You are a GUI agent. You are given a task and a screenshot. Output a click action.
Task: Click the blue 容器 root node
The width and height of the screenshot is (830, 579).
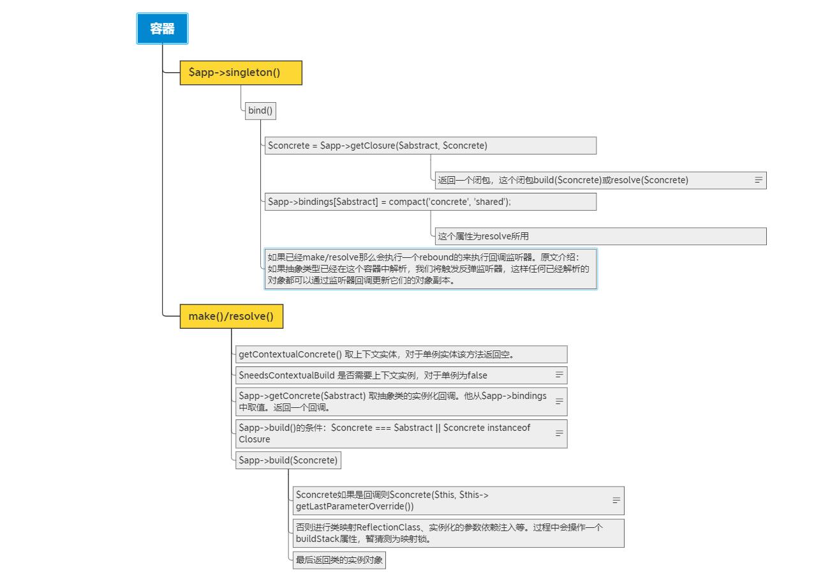pyautogui.click(x=162, y=29)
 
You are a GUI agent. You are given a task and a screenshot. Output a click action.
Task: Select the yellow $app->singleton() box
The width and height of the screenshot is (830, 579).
pyautogui.click(x=241, y=73)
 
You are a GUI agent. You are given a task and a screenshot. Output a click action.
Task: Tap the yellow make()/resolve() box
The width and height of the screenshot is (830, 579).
pyautogui.click(x=231, y=316)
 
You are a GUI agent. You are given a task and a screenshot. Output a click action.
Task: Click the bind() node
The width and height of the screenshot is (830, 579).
pyautogui.click(x=260, y=110)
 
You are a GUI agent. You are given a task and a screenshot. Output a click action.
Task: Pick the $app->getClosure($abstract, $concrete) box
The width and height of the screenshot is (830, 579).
pyautogui.click(x=430, y=146)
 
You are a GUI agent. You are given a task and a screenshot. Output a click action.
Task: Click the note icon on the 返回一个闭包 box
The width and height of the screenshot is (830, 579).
pyautogui.click(x=759, y=180)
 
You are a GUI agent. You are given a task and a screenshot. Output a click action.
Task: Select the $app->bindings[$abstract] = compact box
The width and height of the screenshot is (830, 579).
pyautogui.click(x=430, y=202)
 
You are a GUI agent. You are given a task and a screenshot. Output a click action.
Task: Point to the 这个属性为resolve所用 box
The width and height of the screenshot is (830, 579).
pyautogui.click(x=600, y=236)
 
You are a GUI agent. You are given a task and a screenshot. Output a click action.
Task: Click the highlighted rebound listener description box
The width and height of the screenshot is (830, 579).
pyautogui.click(x=430, y=269)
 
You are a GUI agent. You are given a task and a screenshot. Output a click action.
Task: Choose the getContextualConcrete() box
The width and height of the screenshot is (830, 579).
pyautogui.click(x=401, y=354)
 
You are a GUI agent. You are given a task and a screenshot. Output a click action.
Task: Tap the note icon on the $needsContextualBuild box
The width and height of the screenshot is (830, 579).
pyautogui.click(x=559, y=375)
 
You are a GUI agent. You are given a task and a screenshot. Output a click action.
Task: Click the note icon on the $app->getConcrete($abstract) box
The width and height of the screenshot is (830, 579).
pyautogui.click(x=559, y=401)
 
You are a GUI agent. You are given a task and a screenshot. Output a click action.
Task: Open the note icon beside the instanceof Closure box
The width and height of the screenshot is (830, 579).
pyautogui.click(x=559, y=433)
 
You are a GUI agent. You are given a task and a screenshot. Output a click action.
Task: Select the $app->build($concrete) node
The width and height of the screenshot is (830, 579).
pyautogui.click(x=288, y=460)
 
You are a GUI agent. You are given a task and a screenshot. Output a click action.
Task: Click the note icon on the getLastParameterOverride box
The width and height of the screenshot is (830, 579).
pyautogui.click(x=616, y=500)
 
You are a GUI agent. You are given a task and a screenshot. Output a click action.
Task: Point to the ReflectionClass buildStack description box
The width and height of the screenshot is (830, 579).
pyautogui.click(x=458, y=533)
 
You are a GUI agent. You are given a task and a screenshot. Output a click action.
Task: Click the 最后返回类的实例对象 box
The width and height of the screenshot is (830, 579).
pyautogui.click(x=339, y=560)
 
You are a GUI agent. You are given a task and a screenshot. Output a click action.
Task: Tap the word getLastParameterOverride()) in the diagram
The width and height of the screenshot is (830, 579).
pyautogui.click(x=355, y=506)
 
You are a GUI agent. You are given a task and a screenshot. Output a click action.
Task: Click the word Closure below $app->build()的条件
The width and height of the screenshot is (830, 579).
pyautogui.click(x=254, y=439)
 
